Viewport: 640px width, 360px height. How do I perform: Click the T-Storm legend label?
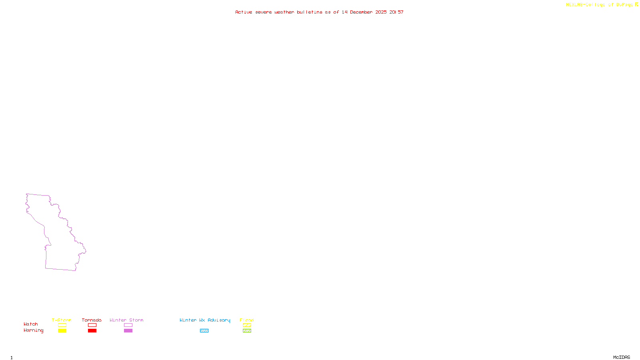[62, 320]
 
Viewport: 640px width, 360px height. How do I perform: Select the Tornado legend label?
[92, 320]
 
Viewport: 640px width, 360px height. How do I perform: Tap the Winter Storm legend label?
[126, 320]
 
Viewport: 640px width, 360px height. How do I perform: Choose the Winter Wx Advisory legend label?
[205, 320]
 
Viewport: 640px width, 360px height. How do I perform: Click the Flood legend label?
[247, 320]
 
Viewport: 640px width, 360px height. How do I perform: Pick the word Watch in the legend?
[31, 324]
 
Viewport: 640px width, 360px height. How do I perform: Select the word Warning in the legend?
[34, 330]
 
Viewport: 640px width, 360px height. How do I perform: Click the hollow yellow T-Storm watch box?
[62, 325]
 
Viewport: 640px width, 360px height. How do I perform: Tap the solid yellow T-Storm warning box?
[62, 331]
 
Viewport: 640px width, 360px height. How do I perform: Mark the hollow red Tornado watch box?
[92, 325]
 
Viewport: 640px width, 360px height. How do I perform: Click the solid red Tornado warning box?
[92, 331]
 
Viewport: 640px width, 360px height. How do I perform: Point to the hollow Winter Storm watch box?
[128, 325]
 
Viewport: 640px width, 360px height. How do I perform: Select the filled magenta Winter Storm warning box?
[128, 331]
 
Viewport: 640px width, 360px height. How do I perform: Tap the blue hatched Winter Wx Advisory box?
[204, 331]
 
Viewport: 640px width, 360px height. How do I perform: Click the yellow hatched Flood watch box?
[247, 325]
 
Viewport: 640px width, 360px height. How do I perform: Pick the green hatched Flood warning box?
[247, 331]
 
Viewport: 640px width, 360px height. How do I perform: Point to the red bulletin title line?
[319, 12]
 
